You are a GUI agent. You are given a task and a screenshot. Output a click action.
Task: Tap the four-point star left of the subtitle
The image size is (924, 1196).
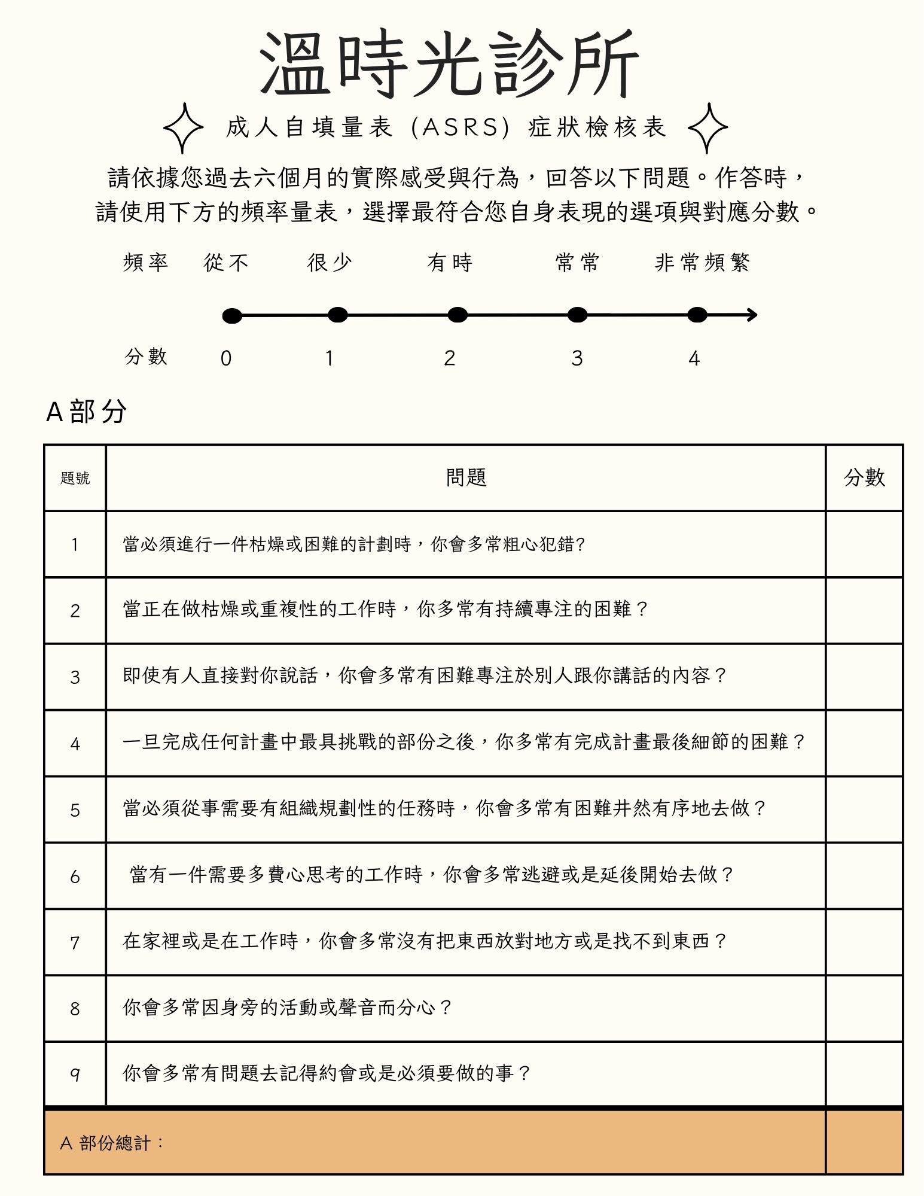pos(184,127)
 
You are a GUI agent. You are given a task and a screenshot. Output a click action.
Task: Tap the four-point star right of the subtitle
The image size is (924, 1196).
pos(708,127)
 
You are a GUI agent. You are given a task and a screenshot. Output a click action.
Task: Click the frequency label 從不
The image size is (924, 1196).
pos(226,263)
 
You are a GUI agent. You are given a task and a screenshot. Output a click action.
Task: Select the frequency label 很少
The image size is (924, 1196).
pos(330,263)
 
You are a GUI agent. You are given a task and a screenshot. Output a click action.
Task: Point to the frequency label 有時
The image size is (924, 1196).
pos(450,263)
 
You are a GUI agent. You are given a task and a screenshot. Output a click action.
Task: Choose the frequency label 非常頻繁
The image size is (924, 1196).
pos(702,263)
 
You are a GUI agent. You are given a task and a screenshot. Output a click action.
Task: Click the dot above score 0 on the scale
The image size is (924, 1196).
pos(232,316)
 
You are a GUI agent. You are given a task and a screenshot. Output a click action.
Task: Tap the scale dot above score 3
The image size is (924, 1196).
pos(577,315)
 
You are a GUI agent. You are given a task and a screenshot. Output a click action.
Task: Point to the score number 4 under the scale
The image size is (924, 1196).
pos(694,358)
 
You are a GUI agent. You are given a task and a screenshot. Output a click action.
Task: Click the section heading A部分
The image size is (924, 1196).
pos(87,412)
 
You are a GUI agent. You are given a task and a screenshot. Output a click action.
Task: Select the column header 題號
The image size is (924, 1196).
pos(75,478)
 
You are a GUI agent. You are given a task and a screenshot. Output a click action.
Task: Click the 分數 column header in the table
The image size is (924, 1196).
pos(864,477)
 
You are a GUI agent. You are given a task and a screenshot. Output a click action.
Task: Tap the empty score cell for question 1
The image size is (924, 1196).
pos(864,544)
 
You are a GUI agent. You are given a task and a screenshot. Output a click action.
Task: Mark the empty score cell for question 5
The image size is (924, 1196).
pos(864,809)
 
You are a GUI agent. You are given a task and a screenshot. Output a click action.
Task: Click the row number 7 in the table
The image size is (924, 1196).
pos(75,943)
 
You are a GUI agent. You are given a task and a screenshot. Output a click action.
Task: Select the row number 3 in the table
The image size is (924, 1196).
pos(75,677)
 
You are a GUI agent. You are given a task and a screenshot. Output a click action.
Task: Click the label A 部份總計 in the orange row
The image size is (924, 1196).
pos(112,1143)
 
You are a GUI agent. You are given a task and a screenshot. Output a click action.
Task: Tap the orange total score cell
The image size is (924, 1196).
pos(864,1142)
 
